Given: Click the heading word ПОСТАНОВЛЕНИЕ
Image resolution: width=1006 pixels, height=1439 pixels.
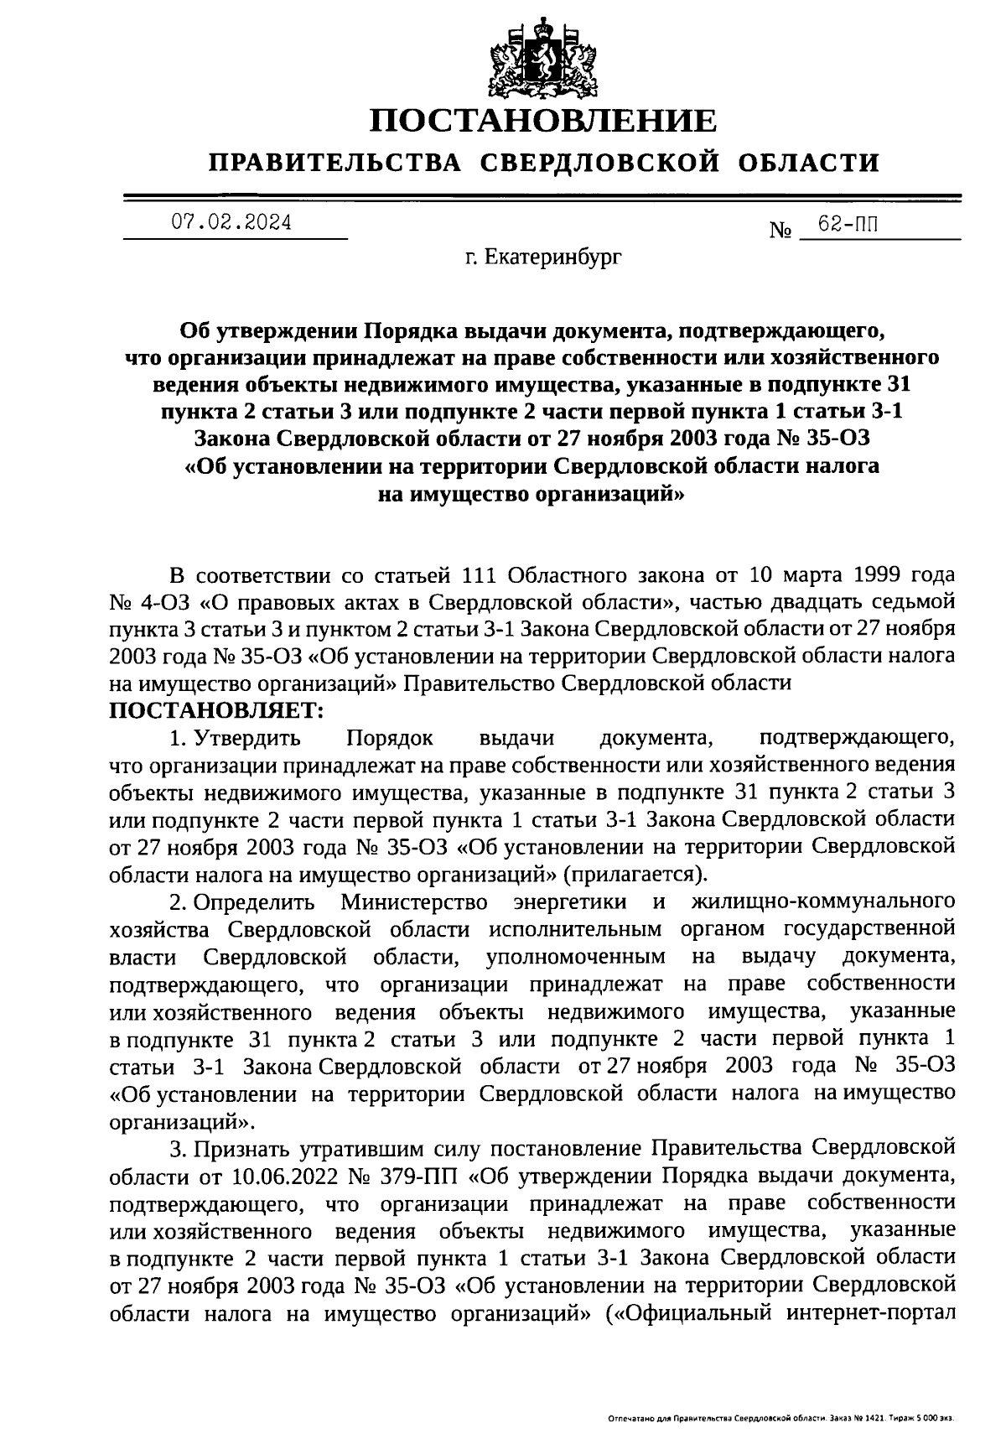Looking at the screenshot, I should (x=545, y=121).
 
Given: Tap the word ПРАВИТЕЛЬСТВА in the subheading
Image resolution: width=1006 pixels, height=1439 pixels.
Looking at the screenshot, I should (x=335, y=162).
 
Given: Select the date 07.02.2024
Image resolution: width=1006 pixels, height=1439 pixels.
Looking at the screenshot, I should (x=232, y=222).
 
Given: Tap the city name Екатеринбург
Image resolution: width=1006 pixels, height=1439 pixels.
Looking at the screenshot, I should (x=553, y=259).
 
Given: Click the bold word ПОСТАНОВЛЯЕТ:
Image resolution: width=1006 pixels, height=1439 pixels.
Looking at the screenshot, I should (x=216, y=710).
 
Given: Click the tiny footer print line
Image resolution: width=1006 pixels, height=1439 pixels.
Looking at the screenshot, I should (x=780, y=1419).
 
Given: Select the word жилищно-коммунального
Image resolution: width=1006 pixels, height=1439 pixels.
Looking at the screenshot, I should (x=823, y=902).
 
